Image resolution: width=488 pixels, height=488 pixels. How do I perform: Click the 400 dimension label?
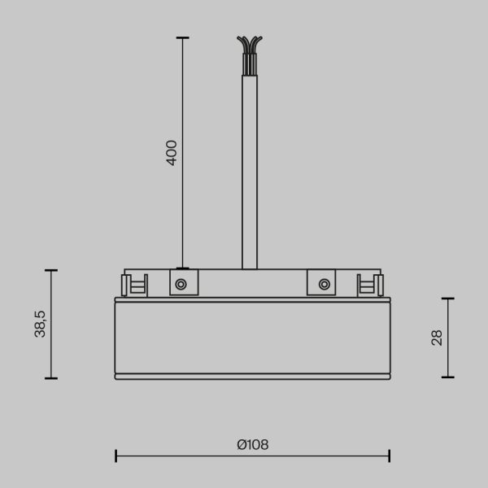click(172, 152)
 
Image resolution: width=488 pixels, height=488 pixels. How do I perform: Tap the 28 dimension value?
click(437, 338)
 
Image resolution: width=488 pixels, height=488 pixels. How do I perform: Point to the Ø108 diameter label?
click(252, 445)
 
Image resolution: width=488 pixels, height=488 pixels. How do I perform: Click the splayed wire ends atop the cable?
click(250, 45)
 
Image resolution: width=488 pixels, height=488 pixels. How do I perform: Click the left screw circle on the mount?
click(181, 284)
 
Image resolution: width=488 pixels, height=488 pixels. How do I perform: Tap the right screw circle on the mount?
click(324, 284)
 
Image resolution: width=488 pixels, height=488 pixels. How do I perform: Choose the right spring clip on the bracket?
click(370, 285)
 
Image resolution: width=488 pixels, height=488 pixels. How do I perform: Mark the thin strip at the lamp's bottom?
click(252, 377)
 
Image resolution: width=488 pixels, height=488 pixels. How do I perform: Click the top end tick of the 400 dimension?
click(182, 38)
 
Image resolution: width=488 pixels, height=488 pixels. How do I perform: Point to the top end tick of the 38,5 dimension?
click(51, 270)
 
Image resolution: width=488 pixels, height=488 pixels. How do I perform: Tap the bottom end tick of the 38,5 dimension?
click(51, 377)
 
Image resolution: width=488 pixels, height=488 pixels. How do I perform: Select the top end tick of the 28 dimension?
click(447, 298)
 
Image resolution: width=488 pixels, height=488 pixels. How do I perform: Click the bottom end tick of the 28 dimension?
click(447, 377)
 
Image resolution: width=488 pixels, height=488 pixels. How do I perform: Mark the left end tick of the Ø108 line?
click(115, 455)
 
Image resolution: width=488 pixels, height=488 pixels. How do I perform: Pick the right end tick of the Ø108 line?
click(390, 455)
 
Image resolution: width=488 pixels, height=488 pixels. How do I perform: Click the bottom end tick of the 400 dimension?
click(182, 268)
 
